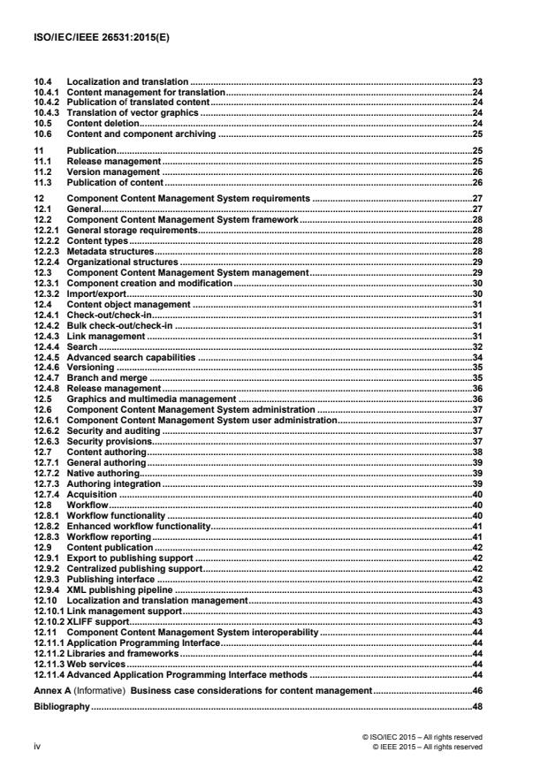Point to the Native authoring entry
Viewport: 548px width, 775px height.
coord(103,474)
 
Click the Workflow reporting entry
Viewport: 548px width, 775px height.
coord(110,537)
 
